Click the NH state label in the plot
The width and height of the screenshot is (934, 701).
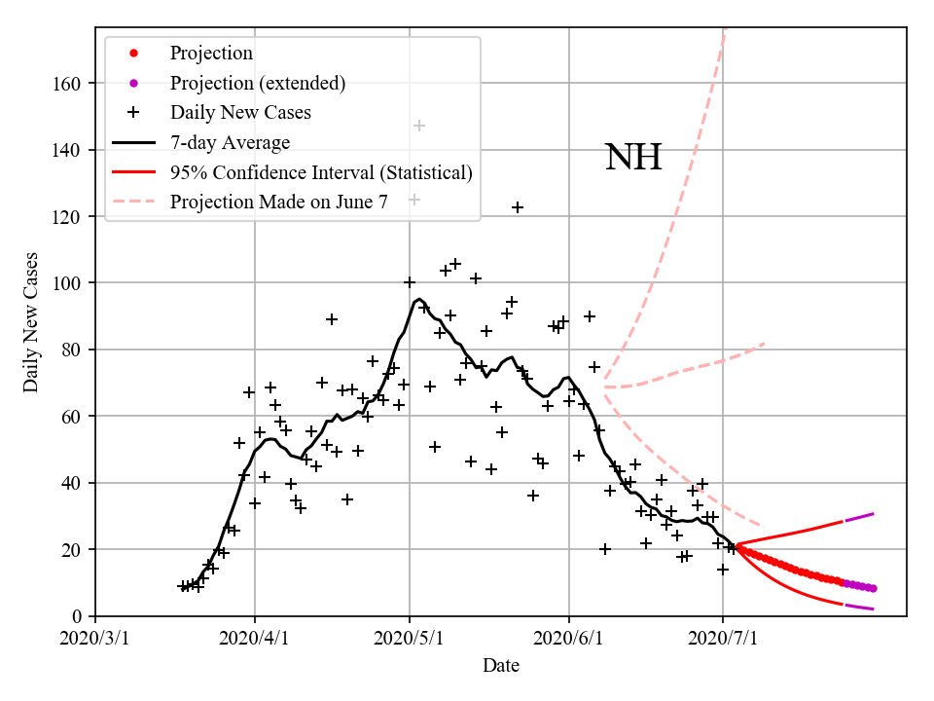pos(633,157)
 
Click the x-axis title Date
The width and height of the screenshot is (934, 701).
pos(500,666)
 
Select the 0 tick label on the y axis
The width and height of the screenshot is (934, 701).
pos(77,616)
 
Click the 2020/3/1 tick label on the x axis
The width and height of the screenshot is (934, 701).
pos(95,638)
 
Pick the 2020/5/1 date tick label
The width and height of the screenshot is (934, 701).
pos(410,638)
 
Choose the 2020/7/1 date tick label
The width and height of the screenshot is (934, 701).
pos(723,638)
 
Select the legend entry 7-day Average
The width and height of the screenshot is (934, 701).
pos(230,143)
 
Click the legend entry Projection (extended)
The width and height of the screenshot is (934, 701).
pos(257,83)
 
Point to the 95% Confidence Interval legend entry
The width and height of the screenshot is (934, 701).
pos(321,172)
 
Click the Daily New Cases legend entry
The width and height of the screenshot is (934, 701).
pos(240,113)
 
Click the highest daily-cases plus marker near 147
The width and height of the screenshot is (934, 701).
pos(419,126)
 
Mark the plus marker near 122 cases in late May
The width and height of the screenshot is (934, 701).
pos(518,207)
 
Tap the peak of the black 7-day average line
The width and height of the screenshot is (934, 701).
pos(418,299)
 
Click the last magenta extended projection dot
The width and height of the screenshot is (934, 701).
pos(873,588)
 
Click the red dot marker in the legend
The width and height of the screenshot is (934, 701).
pos(134,54)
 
